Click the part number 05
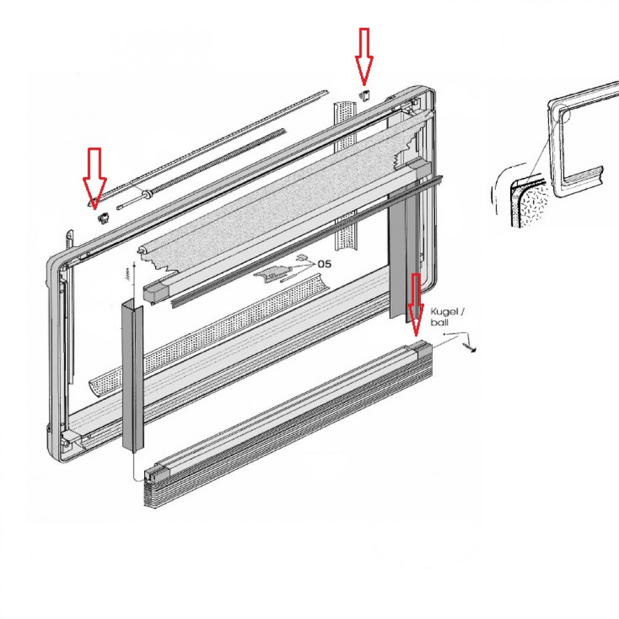[324, 264]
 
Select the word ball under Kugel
[439, 322]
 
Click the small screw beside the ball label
[470, 348]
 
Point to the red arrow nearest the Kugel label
[416, 304]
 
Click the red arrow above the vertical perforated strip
[364, 56]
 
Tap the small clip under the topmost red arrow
[365, 95]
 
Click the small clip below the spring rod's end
[103, 217]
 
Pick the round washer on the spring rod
[148, 194]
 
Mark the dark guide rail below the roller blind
[307, 241]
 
